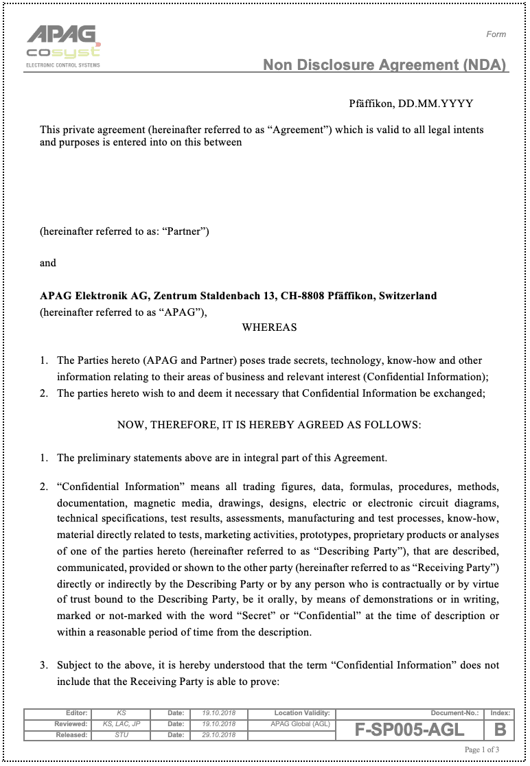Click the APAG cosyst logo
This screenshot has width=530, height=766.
pyautogui.click(x=63, y=45)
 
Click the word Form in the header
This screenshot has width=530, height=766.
pyautogui.click(x=496, y=34)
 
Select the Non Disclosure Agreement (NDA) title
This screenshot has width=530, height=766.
pyautogui.click(x=384, y=65)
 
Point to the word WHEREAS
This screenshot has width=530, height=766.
pyautogui.click(x=269, y=327)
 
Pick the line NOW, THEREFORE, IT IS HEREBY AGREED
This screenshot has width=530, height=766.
pyautogui.click(x=269, y=425)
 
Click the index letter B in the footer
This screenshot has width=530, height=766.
pyautogui.click(x=500, y=730)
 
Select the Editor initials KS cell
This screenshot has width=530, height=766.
pyautogui.click(x=122, y=713)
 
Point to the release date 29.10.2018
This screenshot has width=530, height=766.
pyautogui.click(x=218, y=735)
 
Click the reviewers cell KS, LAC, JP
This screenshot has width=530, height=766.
pyautogui.click(x=122, y=724)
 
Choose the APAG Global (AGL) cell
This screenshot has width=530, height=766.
pyautogui.click(x=291, y=724)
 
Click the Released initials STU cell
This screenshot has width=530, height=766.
pyautogui.click(x=122, y=735)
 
